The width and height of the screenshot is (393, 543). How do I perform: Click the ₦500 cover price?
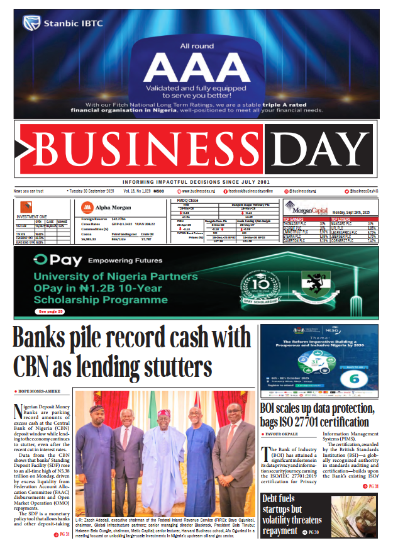[x=159, y=191]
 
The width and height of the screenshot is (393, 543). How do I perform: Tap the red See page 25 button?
[x=52, y=311]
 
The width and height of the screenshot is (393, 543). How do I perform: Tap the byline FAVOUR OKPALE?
[x=283, y=434]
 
